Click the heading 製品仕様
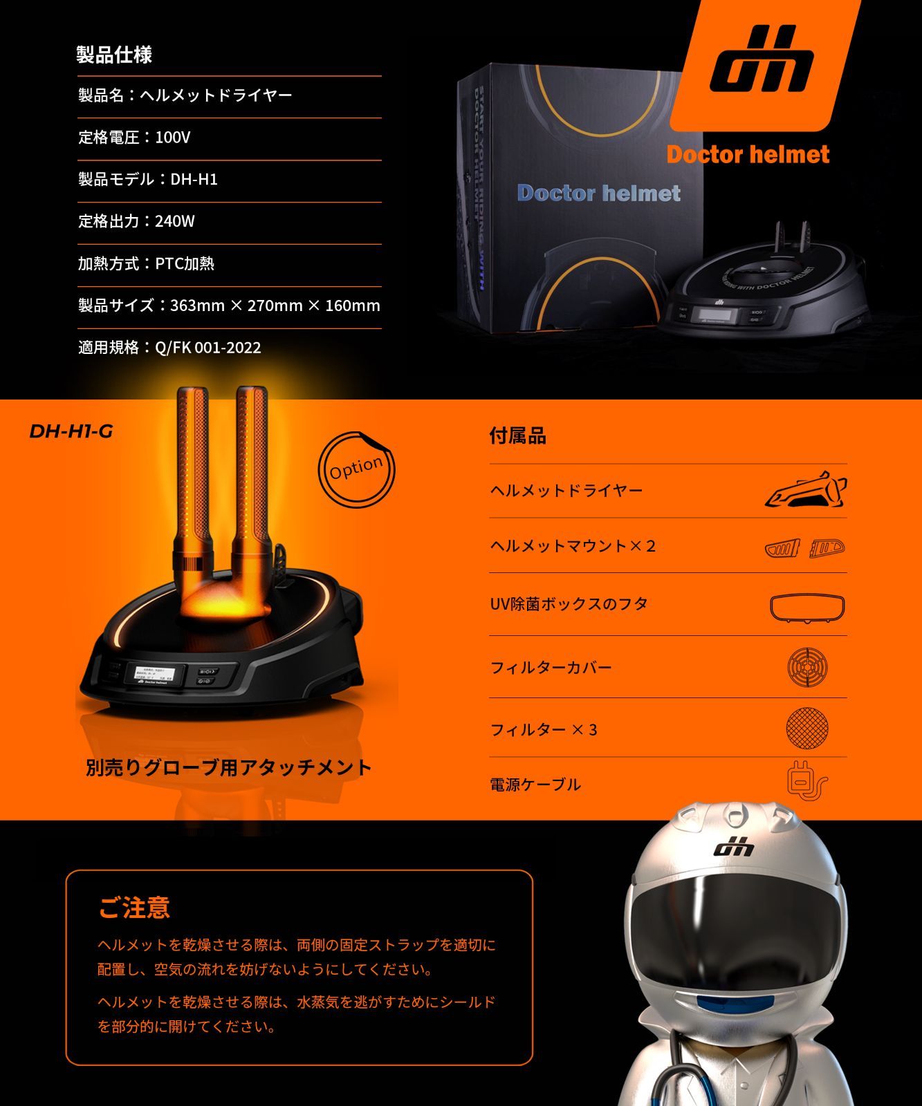(114, 55)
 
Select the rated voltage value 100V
(173, 138)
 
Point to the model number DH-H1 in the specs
(194, 180)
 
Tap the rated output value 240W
(175, 221)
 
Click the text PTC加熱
(185, 263)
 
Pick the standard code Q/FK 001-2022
(208, 348)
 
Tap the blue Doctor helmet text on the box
(599, 193)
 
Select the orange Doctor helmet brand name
(748, 154)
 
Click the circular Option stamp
(356, 469)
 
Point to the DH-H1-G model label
(71, 431)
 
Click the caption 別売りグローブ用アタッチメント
(229, 767)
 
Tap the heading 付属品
(517, 436)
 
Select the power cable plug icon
(806, 781)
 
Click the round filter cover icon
(807, 667)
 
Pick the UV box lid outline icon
(807, 608)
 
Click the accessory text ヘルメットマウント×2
(573, 546)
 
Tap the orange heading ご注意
(135, 908)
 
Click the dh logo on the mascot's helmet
(734, 846)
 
